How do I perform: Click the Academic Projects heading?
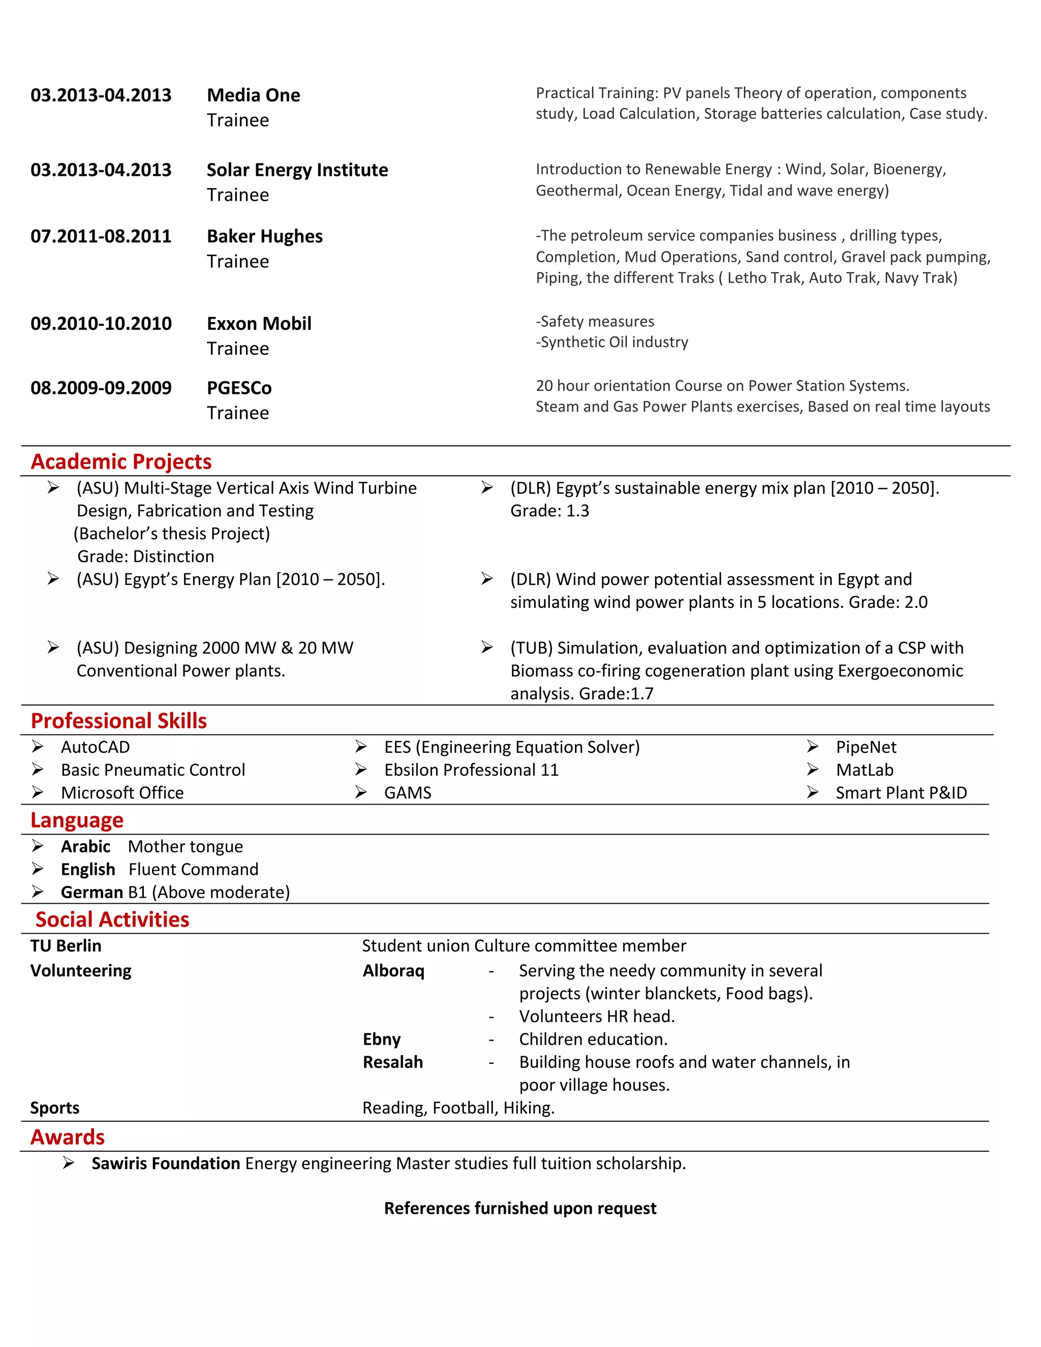click(121, 462)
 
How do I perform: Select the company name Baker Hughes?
click(264, 236)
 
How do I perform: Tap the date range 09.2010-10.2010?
click(101, 324)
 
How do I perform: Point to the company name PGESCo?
click(239, 388)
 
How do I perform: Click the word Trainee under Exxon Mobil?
click(238, 349)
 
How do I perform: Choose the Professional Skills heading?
click(118, 720)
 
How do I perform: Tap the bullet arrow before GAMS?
click(361, 792)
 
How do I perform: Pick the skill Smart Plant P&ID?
click(901, 792)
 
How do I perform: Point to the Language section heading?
click(77, 820)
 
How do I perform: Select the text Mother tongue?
click(185, 846)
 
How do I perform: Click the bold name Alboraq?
click(393, 971)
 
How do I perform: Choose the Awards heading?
click(68, 1137)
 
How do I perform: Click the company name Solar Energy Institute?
click(297, 170)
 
